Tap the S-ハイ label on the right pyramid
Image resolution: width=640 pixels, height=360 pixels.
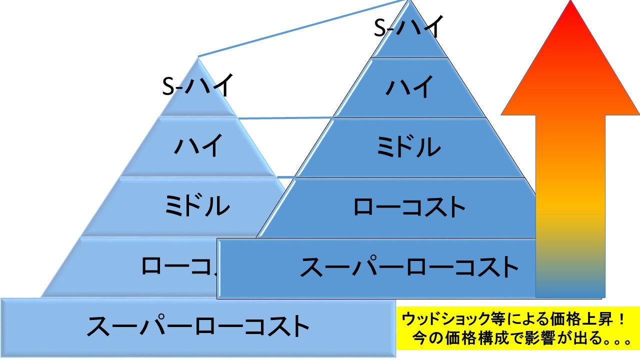[409, 27]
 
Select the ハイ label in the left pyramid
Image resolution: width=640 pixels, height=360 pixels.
[197, 146]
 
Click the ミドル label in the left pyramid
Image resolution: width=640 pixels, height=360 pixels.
[197, 205]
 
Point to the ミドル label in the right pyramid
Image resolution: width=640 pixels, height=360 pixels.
[409, 147]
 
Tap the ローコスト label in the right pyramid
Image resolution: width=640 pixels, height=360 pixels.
[409, 206]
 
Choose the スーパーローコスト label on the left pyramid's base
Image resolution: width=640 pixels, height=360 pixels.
[198, 326]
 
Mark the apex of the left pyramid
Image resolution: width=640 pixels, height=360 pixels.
[198, 57]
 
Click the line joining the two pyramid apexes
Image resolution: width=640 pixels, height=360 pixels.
[300, 28]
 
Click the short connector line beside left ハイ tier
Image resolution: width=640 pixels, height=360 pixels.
[285, 118]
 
